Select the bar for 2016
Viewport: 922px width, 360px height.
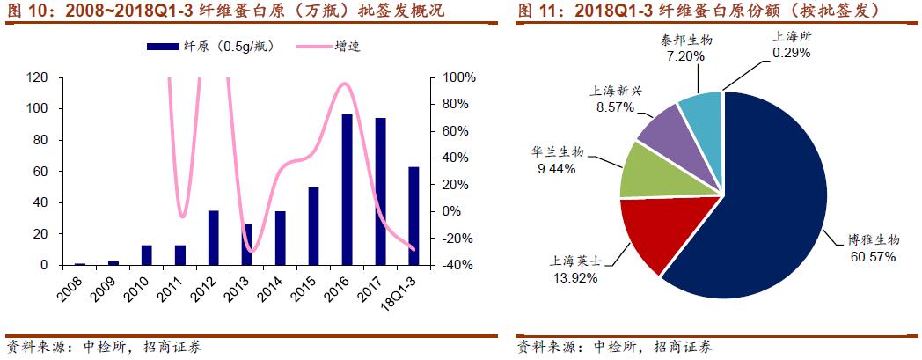tap(347, 189)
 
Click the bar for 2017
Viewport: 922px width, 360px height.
tap(380, 191)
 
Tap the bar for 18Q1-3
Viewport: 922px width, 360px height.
tap(413, 216)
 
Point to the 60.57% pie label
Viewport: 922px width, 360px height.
tap(870, 257)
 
